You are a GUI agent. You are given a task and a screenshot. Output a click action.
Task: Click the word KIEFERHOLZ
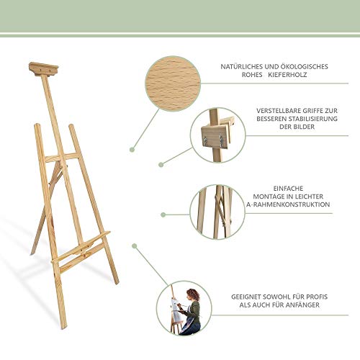coord(287,75)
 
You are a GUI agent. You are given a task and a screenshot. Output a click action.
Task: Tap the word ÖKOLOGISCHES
coord(305,66)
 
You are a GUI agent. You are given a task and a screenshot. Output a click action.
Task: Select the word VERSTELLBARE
coord(279,111)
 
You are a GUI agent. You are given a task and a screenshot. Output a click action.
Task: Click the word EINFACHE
coord(288,189)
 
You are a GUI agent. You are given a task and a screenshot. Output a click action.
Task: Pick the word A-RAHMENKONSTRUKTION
coord(288,204)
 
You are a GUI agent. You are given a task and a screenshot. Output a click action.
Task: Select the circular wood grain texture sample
coord(173,84)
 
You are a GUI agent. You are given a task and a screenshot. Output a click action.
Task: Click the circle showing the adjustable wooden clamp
coord(218,135)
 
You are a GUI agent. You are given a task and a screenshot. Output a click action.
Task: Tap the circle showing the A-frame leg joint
coord(217,212)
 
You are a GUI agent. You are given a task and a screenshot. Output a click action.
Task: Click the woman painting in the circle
coord(191,312)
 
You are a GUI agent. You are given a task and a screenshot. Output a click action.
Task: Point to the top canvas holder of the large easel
coord(43,69)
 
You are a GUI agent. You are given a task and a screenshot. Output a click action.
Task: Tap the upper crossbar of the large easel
coord(63,157)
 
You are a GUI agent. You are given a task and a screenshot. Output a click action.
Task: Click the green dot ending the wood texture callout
coord(132,150)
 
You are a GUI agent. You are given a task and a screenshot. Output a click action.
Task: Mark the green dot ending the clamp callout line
coord(161,164)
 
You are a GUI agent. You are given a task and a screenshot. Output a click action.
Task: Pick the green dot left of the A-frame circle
coord(163,215)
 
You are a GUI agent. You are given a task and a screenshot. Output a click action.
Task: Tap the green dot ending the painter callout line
coord(135,246)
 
